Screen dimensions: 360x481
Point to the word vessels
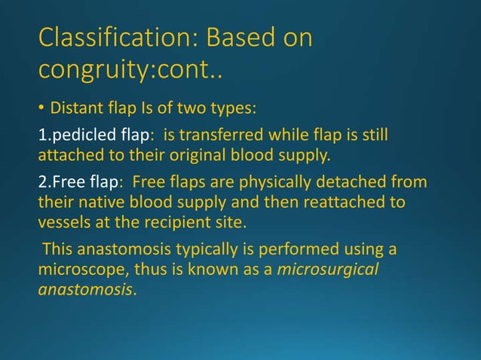[x=62, y=223]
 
